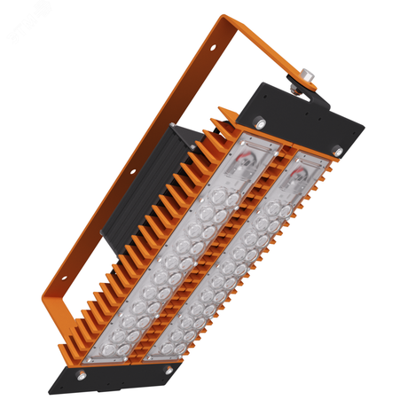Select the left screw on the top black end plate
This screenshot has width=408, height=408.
(x=260, y=119)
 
